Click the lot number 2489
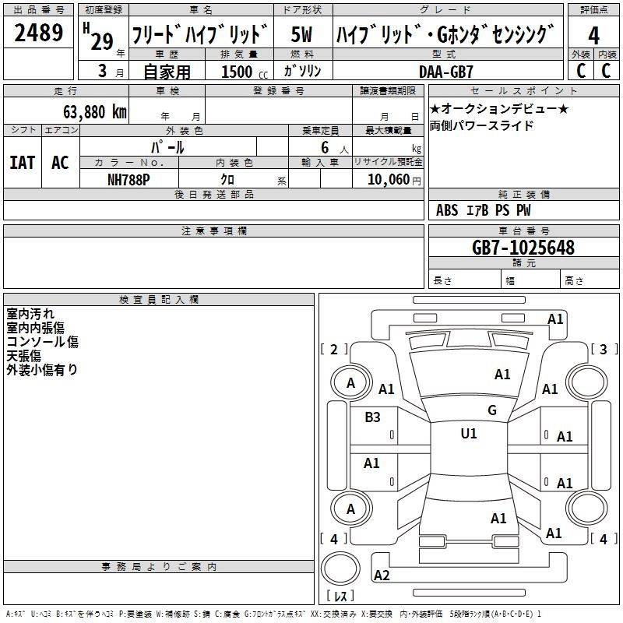[38, 33]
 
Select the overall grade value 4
[594, 35]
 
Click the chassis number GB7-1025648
[523, 248]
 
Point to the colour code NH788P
[129, 178]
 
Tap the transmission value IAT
[23, 163]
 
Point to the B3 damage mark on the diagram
[372, 417]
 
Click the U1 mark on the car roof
[468, 433]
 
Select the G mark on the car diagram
[491, 410]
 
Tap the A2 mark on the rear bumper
[382, 575]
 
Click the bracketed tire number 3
[603, 350]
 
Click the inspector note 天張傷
[24, 356]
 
